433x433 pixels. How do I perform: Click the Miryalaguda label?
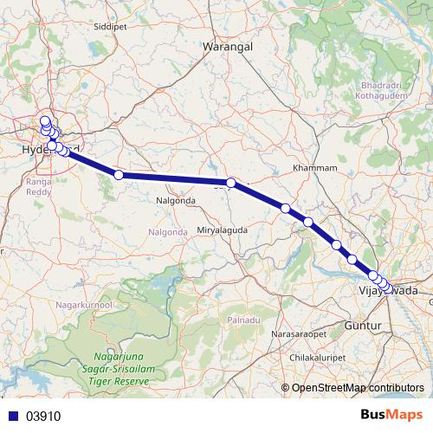click(x=223, y=229)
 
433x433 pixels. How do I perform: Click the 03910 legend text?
click(x=43, y=416)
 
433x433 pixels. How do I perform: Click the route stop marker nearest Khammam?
click(x=285, y=208)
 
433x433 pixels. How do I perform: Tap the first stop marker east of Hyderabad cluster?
click(x=119, y=175)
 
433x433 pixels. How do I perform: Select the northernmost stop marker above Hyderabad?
click(x=45, y=121)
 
